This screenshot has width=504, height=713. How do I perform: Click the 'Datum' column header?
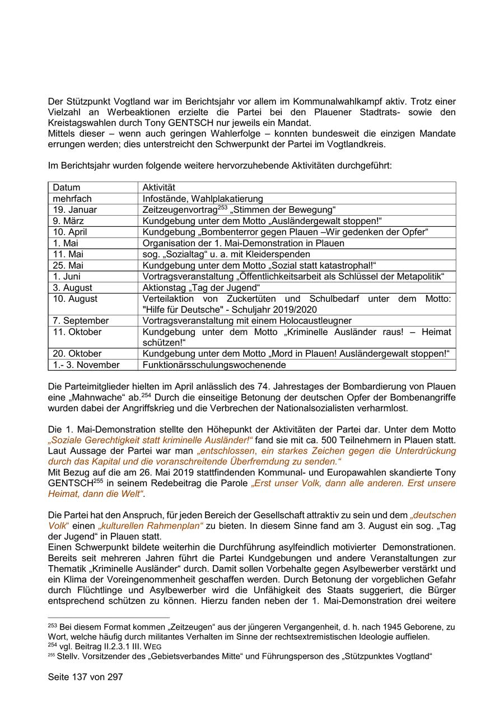(x=67, y=188)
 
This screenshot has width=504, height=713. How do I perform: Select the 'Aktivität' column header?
(x=158, y=188)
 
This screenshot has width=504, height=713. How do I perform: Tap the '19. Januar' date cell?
(x=75, y=209)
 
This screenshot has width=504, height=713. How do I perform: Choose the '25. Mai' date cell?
(x=68, y=265)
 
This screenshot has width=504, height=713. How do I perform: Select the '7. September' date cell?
(x=81, y=320)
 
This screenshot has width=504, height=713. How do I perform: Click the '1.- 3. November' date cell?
(x=86, y=365)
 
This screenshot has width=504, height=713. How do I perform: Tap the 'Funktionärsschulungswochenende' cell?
(x=214, y=365)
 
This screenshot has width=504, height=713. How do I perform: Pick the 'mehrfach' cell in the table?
(x=72, y=199)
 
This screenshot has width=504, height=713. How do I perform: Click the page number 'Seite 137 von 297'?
(x=85, y=677)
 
